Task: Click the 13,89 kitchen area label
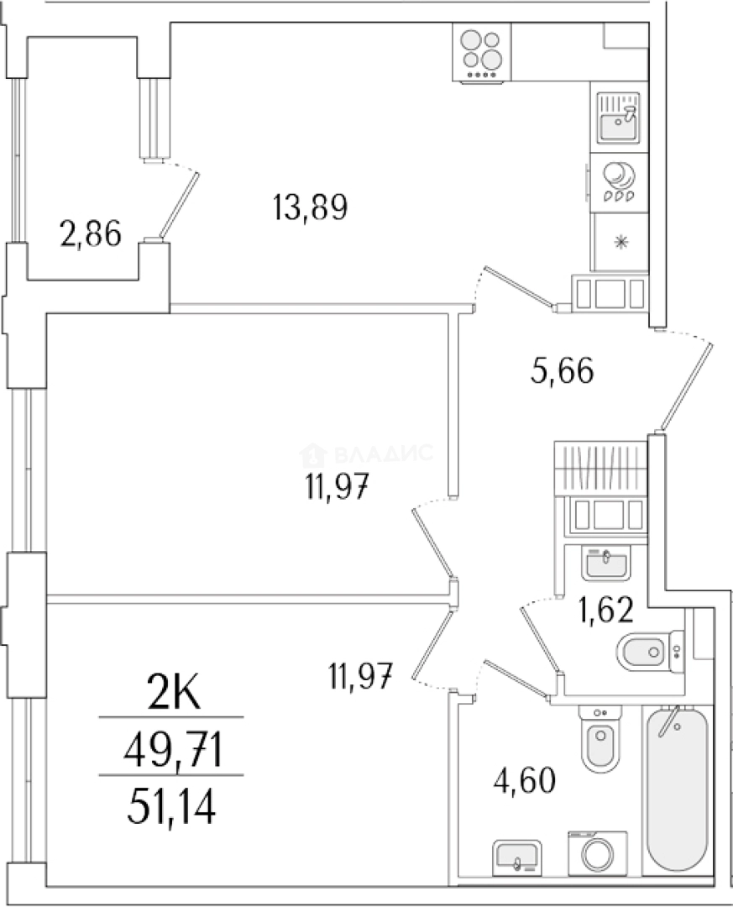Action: pos(310,207)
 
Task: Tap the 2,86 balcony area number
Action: pos(91,234)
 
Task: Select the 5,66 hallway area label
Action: pos(562,370)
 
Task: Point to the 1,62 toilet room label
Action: pos(605,609)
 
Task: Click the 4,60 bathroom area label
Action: pos(525,779)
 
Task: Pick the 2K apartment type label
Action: pos(174,694)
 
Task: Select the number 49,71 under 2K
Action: pos(173,750)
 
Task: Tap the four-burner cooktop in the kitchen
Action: pos(482,53)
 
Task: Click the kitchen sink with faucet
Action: pos(619,118)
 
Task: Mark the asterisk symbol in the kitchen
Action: pos(620,242)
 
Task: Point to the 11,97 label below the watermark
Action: pos(337,487)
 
